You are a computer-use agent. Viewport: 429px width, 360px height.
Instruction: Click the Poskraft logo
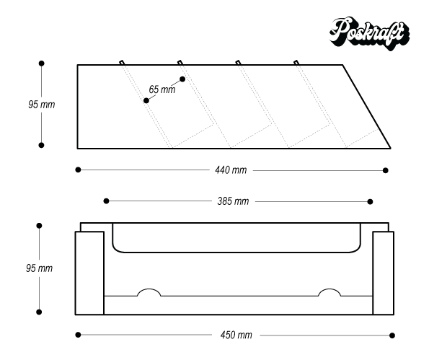(x=370, y=34)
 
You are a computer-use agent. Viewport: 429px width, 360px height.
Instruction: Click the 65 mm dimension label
(x=162, y=89)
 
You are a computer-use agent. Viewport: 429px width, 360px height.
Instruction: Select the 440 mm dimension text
(x=231, y=170)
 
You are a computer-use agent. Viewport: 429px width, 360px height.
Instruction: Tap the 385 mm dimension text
(x=233, y=201)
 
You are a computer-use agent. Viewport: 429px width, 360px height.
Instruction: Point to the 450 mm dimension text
(x=236, y=335)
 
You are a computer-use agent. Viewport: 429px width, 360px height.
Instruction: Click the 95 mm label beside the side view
(x=42, y=105)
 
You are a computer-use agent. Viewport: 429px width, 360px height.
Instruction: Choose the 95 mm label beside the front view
(x=39, y=268)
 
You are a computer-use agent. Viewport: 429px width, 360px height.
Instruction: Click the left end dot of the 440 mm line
(x=78, y=170)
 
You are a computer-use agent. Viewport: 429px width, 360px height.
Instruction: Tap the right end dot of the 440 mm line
(x=386, y=170)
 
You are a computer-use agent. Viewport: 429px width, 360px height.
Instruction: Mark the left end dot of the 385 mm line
(x=107, y=201)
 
